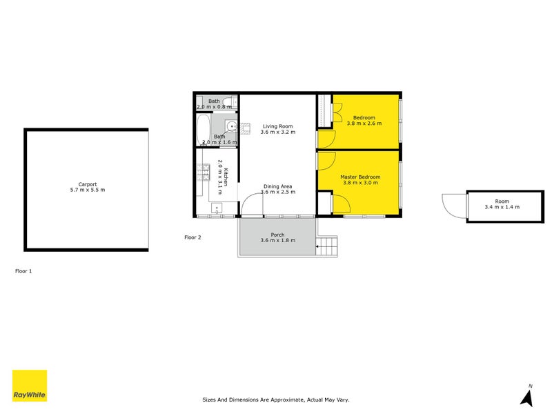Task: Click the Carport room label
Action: (x=87, y=184)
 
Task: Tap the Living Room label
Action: (x=277, y=126)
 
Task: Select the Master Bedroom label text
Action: (x=360, y=177)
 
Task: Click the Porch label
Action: (x=277, y=235)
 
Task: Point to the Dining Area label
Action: (x=277, y=186)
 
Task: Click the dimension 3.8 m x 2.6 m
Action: (x=364, y=124)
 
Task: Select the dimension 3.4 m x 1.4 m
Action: (x=502, y=207)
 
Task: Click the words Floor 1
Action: (x=23, y=271)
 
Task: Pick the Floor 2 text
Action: (x=193, y=237)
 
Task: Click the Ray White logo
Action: (x=30, y=386)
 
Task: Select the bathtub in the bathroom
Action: (x=204, y=130)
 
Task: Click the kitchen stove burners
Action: (x=204, y=172)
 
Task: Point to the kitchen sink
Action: (x=217, y=208)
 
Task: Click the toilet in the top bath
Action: (x=235, y=103)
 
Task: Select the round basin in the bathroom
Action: (x=232, y=127)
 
